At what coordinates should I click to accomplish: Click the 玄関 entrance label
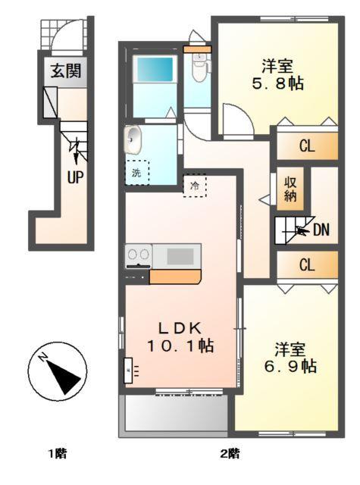[x=67, y=72]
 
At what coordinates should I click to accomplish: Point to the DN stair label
[x=321, y=230]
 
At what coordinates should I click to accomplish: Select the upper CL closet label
[x=306, y=147]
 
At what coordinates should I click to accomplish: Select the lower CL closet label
[x=306, y=265]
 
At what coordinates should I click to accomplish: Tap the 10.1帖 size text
[x=180, y=346]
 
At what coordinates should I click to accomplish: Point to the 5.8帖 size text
[x=278, y=83]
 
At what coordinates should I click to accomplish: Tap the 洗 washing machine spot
[x=137, y=172]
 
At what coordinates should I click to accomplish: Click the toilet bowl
[x=199, y=71]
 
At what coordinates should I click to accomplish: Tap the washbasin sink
[x=134, y=139]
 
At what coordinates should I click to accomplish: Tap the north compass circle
[x=55, y=371]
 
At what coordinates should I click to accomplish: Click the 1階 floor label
[x=58, y=454]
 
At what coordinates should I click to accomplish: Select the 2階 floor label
[x=230, y=454]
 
